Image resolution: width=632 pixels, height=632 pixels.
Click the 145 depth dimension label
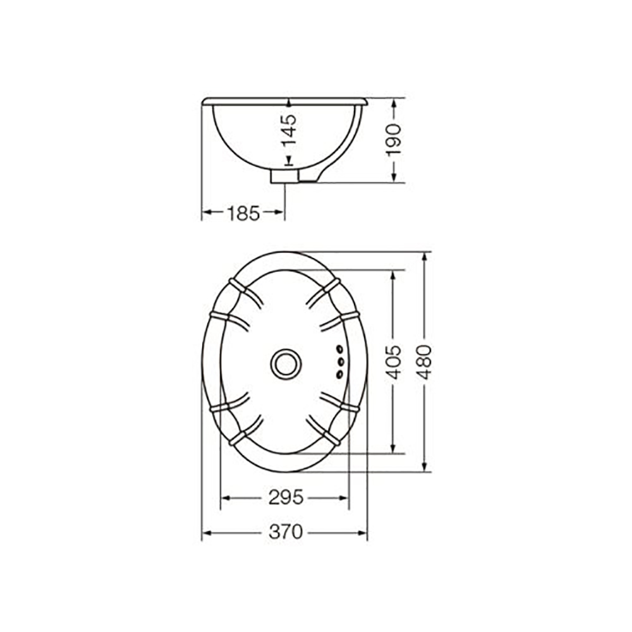pyautogui.click(x=289, y=130)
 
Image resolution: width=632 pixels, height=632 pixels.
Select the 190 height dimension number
pyautogui.click(x=394, y=140)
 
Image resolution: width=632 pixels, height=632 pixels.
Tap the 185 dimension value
pyautogui.click(x=243, y=213)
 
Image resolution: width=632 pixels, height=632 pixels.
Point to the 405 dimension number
pyautogui.click(x=394, y=362)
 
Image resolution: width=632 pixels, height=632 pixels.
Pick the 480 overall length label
pyautogui.click(x=425, y=362)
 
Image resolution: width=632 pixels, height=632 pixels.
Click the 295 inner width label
pyautogui.click(x=286, y=497)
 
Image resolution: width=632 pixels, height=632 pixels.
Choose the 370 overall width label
pyautogui.click(x=286, y=532)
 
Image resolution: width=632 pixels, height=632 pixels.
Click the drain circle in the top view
pyautogui.click(x=286, y=364)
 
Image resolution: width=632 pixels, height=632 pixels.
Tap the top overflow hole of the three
pyautogui.click(x=340, y=348)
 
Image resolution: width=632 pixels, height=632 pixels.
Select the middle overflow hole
pyautogui.click(x=340, y=362)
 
